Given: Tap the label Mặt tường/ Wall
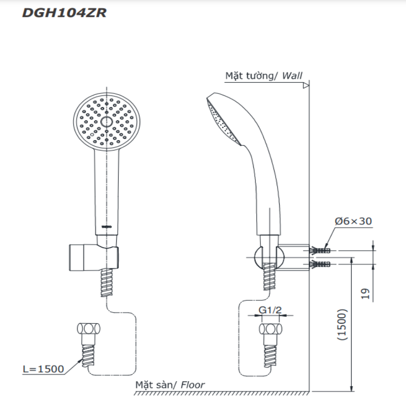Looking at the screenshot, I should [x=263, y=76].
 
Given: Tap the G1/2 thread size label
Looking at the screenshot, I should [x=269, y=310].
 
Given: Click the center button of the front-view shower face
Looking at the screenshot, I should [x=106, y=122].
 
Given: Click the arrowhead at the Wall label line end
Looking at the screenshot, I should [x=307, y=86].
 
